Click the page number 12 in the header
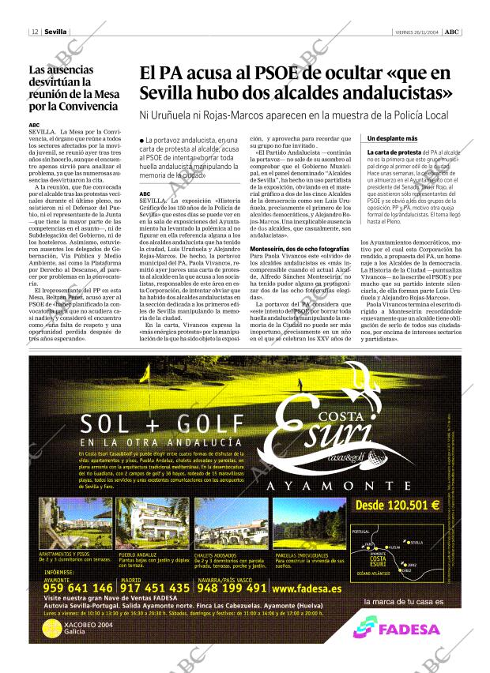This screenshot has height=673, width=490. [36, 32]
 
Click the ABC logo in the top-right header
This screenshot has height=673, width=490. [451, 32]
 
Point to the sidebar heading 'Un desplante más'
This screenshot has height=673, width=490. [392, 138]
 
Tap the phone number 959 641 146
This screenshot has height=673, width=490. [67, 588]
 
